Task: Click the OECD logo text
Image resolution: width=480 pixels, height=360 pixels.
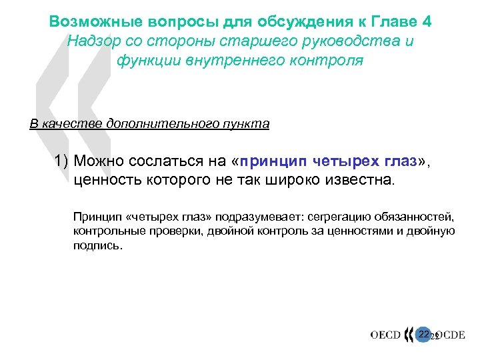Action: (385, 335)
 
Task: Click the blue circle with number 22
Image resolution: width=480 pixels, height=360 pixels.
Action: (423, 333)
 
